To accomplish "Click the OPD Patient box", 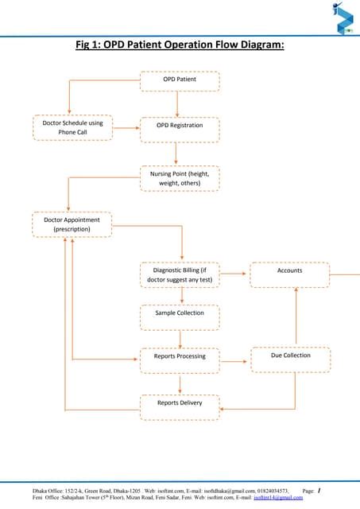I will pos(180,80).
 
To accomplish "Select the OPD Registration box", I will pos(180,126).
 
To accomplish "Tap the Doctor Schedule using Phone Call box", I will pos(72,128).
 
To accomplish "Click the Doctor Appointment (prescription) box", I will pos(72,224).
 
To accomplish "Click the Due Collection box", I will pos(290,356).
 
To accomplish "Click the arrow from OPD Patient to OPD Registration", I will pos(177,103).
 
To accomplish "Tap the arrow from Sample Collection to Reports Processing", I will pos(181,335).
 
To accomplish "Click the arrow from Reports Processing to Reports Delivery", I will pos(181,382).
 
